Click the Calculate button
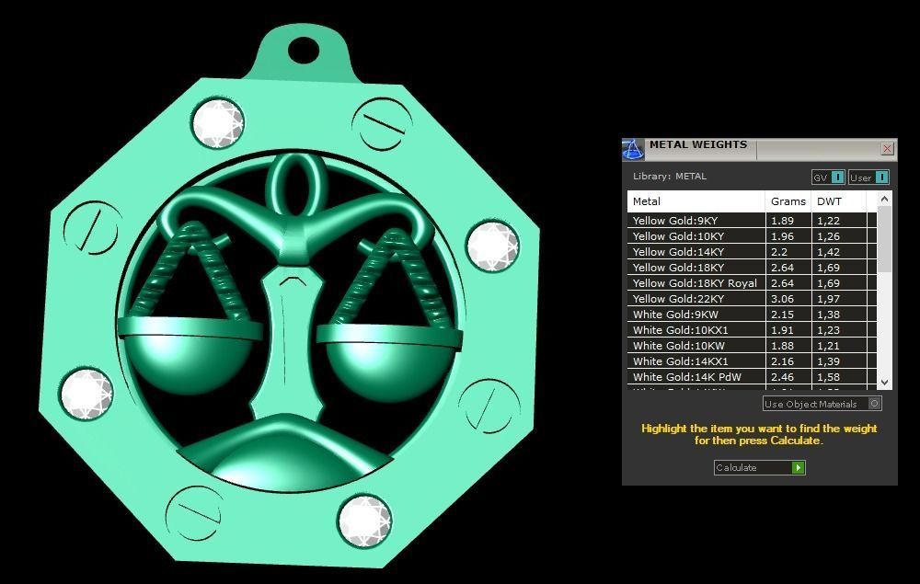coord(759,467)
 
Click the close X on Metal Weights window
coord(887,148)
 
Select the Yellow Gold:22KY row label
coord(678,299)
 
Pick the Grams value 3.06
coord(783,299)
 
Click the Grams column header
coord(788,201)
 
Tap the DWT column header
coord(829,201)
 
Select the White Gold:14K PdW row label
coord(686,377)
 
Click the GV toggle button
coord(827,177)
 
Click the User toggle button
coord(868,177)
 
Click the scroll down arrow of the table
coord(884,382)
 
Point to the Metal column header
coord(647,201)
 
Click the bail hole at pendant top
coord(304,50)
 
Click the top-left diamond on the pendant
coord(218,122)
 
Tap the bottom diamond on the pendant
coord(364,521)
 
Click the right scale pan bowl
coord(386,359)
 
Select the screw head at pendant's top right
coord(381,123)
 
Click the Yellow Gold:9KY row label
coord(676,221)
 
